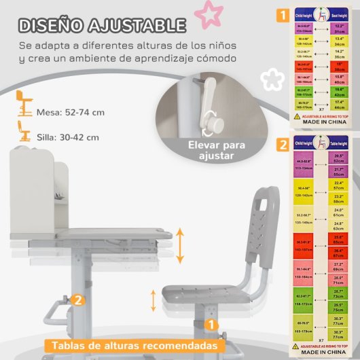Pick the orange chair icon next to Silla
(25, 132)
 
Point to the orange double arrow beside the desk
(181, 246)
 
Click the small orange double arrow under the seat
(154, 300)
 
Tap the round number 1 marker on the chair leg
(212, 326)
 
